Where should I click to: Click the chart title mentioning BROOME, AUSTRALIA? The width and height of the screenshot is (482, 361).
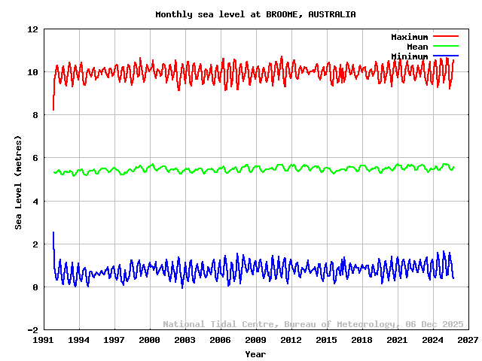coord(255,14)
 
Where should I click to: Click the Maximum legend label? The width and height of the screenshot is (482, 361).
coord(409,37)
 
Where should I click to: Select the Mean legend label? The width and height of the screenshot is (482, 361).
coord(417,47)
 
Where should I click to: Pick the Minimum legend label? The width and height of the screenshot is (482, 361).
coord(409,56)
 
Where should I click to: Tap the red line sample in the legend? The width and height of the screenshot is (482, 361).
coord(445,36)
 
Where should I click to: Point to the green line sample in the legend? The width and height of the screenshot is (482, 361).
coord(445,46)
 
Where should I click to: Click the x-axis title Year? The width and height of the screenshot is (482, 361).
coord(255,353)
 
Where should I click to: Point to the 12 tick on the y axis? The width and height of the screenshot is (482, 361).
coord(32,29)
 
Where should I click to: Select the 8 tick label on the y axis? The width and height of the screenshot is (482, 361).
coord(35,115)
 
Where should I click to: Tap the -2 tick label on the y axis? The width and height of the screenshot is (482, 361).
coord(32,330)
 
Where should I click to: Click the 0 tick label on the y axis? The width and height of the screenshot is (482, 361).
coord(35,287)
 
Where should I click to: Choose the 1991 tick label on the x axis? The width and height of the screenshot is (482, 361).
coord(44,340)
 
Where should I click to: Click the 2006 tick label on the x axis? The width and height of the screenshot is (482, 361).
coord(220,340)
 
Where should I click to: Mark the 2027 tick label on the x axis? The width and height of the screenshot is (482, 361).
coord(467,340)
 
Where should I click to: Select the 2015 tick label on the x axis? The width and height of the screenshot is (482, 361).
coord(326,340)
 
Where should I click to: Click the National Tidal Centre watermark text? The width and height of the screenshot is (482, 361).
coord(313,324)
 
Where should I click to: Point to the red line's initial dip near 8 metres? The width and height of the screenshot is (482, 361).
coord(53,109)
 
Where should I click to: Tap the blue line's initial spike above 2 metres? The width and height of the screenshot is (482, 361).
coord(53,233)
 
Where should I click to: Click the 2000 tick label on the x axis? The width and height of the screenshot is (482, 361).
coord(149,340)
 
